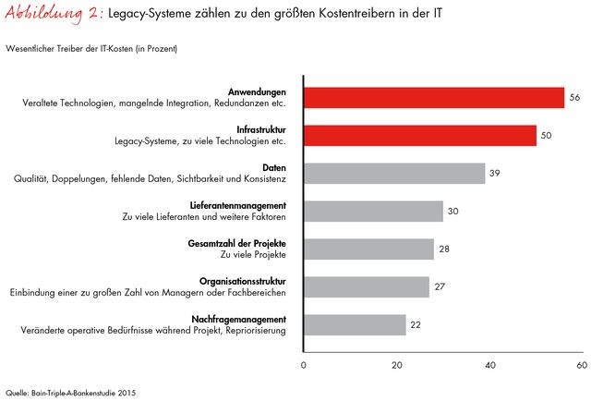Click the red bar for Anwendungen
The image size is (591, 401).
coord(433,98)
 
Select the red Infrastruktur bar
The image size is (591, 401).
coord(419,136)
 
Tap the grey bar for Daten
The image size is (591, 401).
coord(394,174)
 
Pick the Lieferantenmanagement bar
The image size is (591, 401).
coord(373,212)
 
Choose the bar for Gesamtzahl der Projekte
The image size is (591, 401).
coord(368,249)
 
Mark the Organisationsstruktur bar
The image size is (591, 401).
coord(366,287)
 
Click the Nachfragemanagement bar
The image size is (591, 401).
coord(355,325)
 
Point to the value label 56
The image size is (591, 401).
coord(573,98)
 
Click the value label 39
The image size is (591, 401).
coord(495,174)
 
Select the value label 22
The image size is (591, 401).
coord(416,325)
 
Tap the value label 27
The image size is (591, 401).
coord(440,287)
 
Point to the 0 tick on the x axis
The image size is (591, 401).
coord(304,366)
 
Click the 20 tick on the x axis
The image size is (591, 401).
coord(397,366)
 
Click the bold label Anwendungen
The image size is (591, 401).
coord(258,91)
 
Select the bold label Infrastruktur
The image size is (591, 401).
coord(260,129)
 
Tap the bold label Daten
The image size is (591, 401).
coord(275,167)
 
